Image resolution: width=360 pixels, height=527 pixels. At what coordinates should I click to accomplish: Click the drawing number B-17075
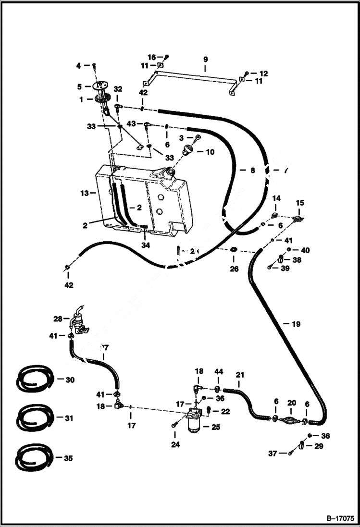[340, 518]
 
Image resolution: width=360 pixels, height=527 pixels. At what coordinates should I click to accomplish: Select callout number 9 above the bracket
[205, 59]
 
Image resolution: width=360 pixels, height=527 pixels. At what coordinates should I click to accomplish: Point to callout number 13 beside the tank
[84, 193]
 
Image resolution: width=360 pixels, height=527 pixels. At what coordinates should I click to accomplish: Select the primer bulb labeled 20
[291, 419]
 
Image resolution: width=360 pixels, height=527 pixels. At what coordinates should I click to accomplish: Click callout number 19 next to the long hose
[296, 324]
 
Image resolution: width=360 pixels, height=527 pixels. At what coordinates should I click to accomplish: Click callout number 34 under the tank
[145, 245]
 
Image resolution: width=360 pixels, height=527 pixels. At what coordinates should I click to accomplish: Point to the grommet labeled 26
[234, 250]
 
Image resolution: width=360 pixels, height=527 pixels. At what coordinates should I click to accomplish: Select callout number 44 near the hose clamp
[219, 372]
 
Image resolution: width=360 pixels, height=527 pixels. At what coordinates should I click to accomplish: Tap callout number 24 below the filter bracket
[175, 445]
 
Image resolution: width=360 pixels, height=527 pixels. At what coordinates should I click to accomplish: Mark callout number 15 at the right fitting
[299, 203]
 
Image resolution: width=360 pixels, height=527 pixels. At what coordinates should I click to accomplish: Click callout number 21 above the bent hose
[240, 374]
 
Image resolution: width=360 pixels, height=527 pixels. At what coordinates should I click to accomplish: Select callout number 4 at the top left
[79, 65]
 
